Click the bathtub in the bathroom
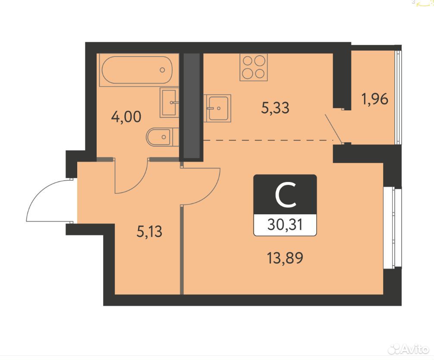[x=137, y=70]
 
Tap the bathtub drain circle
[x=162, y=70]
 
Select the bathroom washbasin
[x=169, y=102]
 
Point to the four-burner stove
[x=254, y=67]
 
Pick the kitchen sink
[x=217, y=108]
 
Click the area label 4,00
[x=126, y=117]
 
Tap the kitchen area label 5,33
[x=275, y=108]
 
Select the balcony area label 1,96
[x=375, y=99]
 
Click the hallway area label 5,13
[x=149, y=232]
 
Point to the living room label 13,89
[x=285, y=258]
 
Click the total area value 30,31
[x=285, y=225]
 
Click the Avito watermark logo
[x=409, y=350]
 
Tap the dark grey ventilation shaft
[x=192, y=106]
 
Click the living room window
[x=393, y=228]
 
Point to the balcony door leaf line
[x=333, y=128]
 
